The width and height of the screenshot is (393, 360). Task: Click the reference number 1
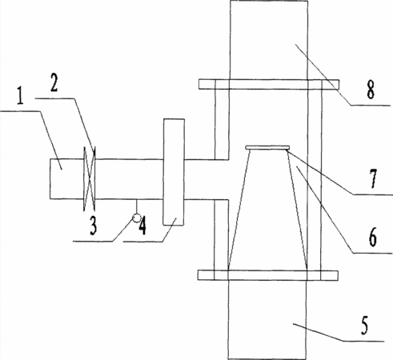(20, 96)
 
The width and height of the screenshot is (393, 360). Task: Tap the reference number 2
(54, 82)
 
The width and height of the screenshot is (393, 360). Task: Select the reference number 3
(93, 226)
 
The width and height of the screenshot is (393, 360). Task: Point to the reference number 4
(142, 226)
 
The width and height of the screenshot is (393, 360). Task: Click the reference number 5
(364, 325)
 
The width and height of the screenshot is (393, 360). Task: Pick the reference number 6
(373, 237)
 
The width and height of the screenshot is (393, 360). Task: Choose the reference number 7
(373, 179)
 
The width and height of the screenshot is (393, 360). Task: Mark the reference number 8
(371, 90)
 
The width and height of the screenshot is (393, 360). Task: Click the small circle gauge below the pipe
(137, 218)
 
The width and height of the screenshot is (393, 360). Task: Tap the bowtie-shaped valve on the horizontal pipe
(90, 179)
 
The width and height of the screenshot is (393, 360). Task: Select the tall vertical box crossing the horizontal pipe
(174, 172)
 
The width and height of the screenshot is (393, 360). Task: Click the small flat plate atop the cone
(267, 147)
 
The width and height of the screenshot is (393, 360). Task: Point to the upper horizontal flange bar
(269, 84)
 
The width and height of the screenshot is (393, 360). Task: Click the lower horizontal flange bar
(268, 275)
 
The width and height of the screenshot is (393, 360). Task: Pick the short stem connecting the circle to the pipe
(137, 206)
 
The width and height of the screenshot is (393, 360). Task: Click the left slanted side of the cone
(239, 207)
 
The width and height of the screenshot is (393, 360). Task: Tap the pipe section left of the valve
(66, 179)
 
